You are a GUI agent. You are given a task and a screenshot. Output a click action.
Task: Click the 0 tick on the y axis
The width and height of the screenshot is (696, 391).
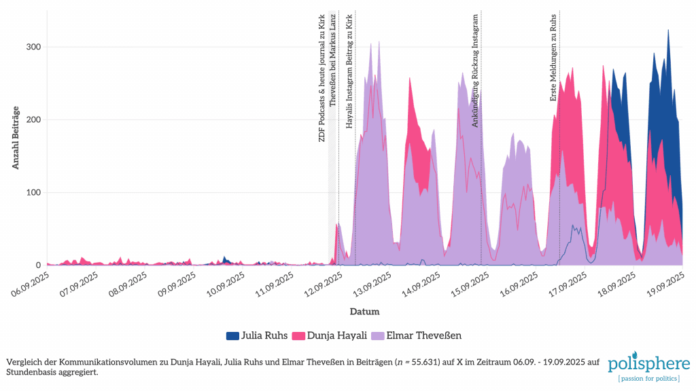pyautogui.click(x=37, y=265)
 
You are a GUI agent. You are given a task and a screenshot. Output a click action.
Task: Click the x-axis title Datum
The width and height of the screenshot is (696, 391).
pyautogui.click(x=364, y=312)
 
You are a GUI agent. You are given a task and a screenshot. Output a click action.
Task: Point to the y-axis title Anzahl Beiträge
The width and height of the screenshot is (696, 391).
pyautogui.click(x=15, y=138)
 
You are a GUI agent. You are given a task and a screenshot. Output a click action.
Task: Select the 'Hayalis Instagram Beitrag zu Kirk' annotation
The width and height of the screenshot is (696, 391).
pyautogui.click(x=349, y=71)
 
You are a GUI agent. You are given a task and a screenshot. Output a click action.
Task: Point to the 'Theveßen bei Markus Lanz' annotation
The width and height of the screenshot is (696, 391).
pyautogui.click(x=332, y=59)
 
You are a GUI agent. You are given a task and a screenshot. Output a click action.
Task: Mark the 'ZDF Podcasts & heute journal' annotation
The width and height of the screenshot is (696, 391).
pyautogui.click(x=322, y=77)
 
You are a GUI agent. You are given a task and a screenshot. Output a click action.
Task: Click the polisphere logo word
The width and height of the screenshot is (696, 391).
pyautogui.click(x=649, y=363)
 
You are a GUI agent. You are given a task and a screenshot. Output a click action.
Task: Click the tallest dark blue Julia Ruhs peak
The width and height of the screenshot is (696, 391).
pyautogui.click(x=668, y=31)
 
